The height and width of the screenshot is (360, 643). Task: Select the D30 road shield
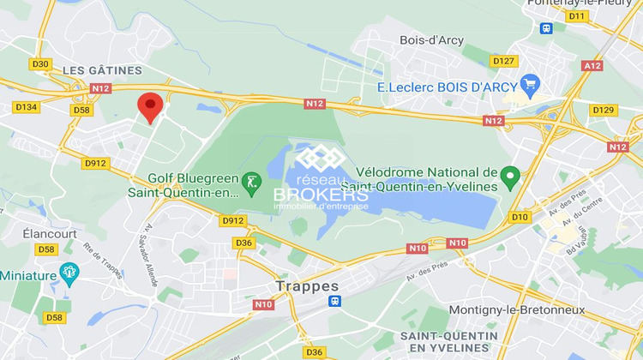(40, 63)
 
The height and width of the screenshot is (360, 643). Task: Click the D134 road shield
(26, 107)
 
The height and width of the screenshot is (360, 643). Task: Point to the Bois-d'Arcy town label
(432, 39)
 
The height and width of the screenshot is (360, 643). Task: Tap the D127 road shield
(503, 61)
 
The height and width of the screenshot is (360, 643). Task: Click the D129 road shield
(604, 110)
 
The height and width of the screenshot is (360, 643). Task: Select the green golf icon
(250, 182)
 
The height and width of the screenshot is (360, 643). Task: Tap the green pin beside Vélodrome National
(511, 177)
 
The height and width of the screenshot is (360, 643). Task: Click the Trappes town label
(307, 285)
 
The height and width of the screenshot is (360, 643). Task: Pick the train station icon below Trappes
(334, 302)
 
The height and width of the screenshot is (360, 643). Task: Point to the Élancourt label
(50, 233)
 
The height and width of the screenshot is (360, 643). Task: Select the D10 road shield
(520, 217)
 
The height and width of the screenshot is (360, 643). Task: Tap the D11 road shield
(577, 16)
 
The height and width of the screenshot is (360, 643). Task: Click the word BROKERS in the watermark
(320, 194)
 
